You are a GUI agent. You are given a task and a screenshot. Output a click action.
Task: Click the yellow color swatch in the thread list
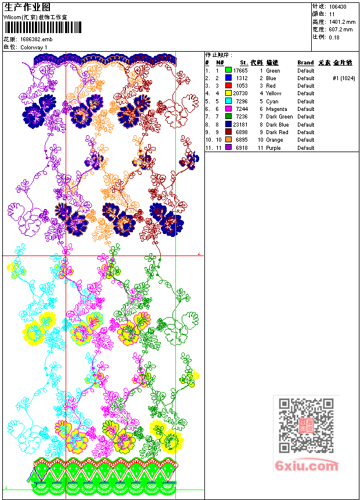coord(228,93)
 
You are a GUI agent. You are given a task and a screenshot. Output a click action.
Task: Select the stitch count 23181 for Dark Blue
coord(240,124)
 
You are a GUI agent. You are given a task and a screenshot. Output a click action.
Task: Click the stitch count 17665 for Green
coord(240,70)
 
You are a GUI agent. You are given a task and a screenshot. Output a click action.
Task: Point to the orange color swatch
coord(228,140)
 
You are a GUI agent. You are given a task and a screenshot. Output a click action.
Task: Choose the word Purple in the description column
coord(273,148)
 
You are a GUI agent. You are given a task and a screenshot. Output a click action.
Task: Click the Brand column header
coord(305,63)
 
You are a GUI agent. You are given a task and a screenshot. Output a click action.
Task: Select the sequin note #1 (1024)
coord(344,78)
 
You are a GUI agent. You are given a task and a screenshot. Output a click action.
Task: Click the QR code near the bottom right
coord(306,426)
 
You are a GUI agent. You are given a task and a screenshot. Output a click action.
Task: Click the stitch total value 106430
coord(338,6)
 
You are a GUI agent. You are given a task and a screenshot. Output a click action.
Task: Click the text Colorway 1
coord(34,47)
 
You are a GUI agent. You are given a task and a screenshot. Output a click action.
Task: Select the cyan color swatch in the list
coord(228,101)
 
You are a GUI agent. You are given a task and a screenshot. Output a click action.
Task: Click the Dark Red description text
coord(277,132)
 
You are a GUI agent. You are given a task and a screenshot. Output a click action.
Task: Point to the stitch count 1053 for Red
coord(242,86)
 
